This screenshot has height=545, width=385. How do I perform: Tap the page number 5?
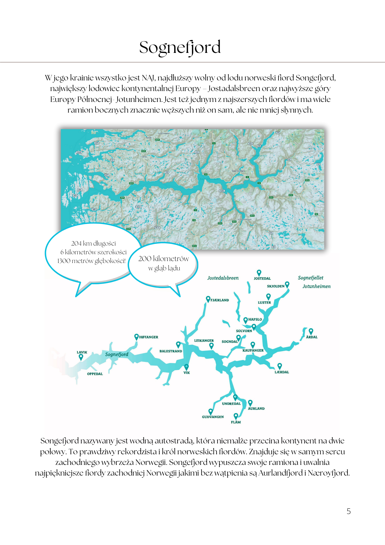(349, 511)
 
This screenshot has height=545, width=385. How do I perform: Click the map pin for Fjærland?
(208, 299)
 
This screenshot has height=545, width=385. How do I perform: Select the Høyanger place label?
(149, 337)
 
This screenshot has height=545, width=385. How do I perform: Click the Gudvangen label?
(213, 417)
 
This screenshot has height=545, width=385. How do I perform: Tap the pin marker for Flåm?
(236, 416)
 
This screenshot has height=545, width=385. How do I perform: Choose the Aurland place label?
(256, 408)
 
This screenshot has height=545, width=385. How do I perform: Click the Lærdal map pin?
(280, 366)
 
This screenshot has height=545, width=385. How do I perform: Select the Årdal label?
(312, 337)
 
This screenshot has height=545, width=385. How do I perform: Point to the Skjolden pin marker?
(287, 284)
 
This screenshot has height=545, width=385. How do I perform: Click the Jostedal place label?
(262, 278)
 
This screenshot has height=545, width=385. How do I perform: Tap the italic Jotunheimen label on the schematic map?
(316, 286)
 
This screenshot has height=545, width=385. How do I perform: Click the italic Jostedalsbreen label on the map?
(223, 278)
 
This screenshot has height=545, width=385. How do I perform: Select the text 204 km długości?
(93, 243)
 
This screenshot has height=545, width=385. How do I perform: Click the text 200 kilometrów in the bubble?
(163, 259)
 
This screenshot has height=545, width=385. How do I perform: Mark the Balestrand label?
(170, 351)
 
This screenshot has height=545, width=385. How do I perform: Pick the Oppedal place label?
(95, 374)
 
